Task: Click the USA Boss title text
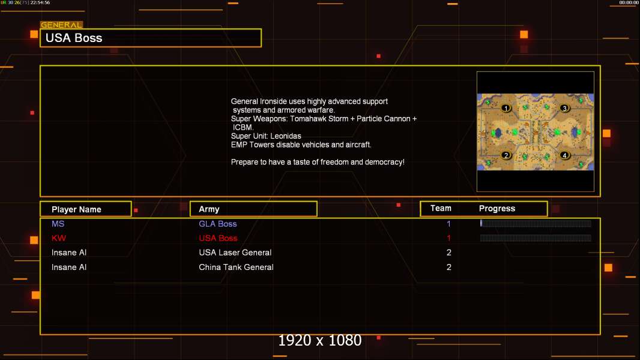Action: [x=74, y=38]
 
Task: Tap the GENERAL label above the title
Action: [x=61, y=25]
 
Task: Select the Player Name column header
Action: [x=76, y=209]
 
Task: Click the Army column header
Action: [x=209, y=209]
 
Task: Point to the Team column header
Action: [x=441, y=208]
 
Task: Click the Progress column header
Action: [x=497, y=208]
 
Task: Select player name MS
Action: [x=58, y=224]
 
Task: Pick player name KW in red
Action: [x=59, y=238]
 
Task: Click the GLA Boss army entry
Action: [x=217, y=224]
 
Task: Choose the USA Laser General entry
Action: [x=235, y=253]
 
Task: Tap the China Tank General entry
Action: [x=236, y=267]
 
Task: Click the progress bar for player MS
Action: [x=536, y=223]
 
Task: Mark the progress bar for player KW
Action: [x=536, y=238]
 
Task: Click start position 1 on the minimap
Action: [x=506, y=108]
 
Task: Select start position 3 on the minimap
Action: [x=564, y=108]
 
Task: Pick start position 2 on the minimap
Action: [x=506, y=155]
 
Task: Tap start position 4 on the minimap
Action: [x=564, y=155]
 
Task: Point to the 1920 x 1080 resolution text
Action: [x=320, y=340]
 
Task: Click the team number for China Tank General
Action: [x=449, y=267]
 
